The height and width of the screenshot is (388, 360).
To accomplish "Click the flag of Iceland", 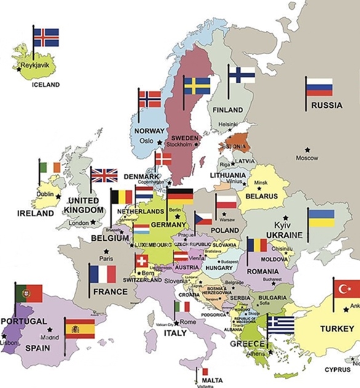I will [x=46, y=38].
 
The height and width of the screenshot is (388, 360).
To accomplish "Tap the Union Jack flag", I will [x=104, y=176].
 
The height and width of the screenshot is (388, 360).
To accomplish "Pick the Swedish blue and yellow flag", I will [x=197, y=86].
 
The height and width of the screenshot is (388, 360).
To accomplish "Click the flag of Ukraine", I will [x=321, y=218].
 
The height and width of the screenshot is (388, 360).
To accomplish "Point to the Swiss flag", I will [x=142, y=261].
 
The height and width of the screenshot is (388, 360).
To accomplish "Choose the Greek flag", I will [x=281, y=324].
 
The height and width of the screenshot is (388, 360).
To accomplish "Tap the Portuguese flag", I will [x=29, y=293].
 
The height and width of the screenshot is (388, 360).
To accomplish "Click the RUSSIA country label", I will [x=326, y=105].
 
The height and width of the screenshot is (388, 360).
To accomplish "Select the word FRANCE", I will [x=110, y=291].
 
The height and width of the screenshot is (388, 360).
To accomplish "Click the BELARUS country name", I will [x=262, y=196].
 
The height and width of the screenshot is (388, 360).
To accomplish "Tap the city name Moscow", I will [x=307, y=158].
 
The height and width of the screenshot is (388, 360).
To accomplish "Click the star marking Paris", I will [x=106, y=251].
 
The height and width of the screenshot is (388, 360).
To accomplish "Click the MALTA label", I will [x=212, y=380].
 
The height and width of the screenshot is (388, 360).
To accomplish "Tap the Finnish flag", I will [x=242, y=75].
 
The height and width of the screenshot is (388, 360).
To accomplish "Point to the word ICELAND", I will [x=46, y=84].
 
